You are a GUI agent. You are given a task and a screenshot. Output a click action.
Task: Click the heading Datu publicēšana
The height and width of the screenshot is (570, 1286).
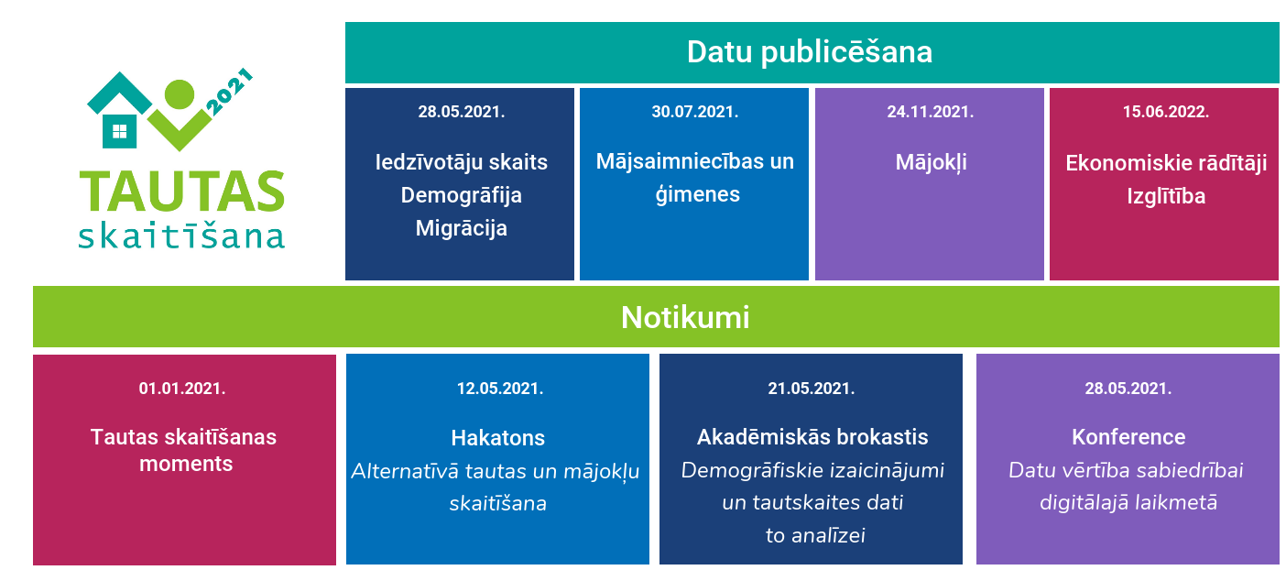point(810,52)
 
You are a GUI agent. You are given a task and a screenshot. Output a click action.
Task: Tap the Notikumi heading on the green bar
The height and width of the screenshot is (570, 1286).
point(685,317)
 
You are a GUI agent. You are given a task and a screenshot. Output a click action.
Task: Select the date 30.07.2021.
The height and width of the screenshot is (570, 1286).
point(694,112)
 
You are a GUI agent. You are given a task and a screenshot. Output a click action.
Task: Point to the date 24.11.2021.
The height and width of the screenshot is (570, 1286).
point(930,112)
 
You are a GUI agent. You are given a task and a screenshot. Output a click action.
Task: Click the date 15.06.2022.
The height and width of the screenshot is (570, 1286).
point(1165,112)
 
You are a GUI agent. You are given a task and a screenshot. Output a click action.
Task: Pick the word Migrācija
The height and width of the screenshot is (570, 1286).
point(461,229)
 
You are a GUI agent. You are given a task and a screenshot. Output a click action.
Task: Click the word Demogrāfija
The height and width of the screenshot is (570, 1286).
point(461,195)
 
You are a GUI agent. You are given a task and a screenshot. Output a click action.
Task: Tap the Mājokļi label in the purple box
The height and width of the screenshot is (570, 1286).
point(932,162)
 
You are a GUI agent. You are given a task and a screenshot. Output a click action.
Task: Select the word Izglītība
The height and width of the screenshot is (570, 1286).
point(1166,196)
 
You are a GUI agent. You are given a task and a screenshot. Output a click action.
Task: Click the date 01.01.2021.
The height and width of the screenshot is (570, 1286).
point(182,389)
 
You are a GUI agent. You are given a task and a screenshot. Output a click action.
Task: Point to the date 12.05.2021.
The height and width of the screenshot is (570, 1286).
point(500,389)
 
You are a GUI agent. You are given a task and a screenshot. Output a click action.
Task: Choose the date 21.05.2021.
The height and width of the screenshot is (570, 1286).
point(812,389)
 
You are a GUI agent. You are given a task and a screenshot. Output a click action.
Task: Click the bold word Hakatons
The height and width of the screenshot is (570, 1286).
point(497,438)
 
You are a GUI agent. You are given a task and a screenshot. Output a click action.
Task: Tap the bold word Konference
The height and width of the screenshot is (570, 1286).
point(1128,437)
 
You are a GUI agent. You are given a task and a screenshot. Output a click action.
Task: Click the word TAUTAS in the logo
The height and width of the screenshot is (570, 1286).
point(182,192)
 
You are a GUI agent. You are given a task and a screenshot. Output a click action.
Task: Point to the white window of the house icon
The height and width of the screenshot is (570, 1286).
point(119,132)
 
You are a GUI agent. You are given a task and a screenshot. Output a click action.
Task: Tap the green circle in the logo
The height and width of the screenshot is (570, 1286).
point(180,94)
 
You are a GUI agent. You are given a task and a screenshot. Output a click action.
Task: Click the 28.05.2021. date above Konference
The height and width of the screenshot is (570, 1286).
point(1128,389)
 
